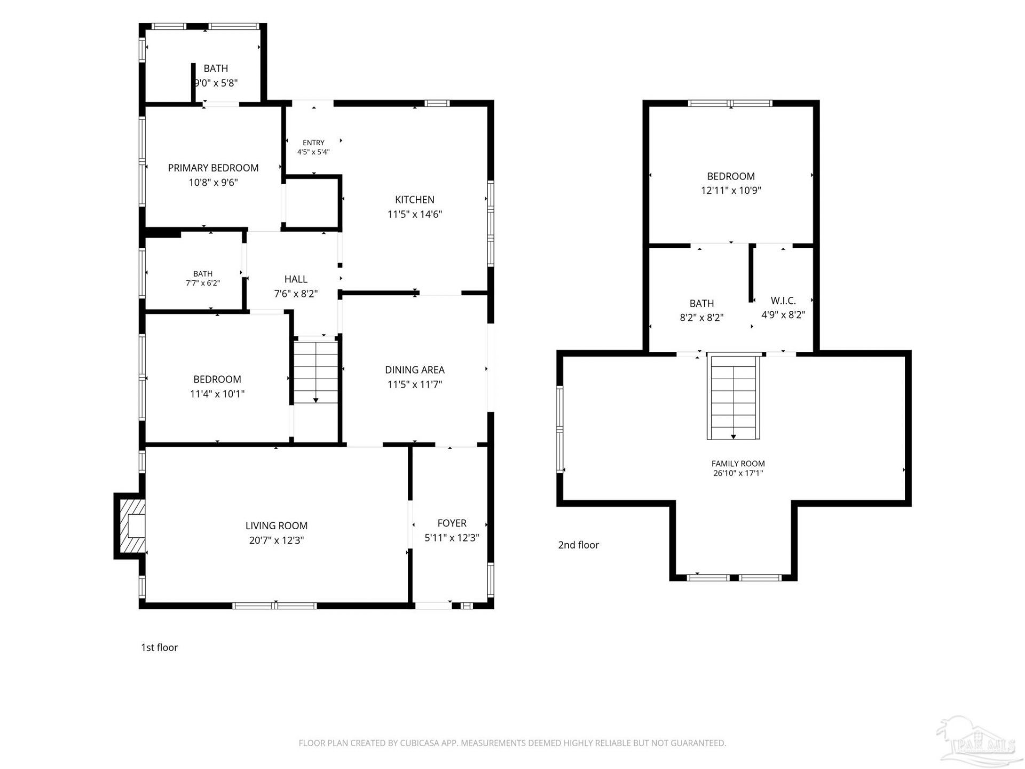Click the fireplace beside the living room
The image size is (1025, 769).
click(130, 526)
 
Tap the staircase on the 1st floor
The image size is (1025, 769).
click(316, 372)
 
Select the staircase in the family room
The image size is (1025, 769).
click(734, 397)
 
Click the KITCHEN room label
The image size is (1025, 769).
click(415, 200)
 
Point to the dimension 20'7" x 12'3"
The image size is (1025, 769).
click(277, 540)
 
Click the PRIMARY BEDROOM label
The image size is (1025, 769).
click(214, 168)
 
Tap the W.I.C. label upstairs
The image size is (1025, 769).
click(783, 301)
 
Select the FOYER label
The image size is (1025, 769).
click(452, 523)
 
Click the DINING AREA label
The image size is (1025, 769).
click(415, 370)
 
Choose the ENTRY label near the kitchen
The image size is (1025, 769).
click(313, 143)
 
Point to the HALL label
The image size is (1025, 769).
click(296, 279)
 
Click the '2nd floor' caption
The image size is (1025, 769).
click(579, 545)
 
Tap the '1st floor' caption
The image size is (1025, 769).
click(159, 648)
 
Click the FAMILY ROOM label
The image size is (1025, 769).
click(738, 464)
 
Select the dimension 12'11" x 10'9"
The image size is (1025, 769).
click(731, 190)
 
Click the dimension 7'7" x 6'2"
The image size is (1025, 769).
click(203, 283)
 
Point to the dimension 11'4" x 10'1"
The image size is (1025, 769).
click(217, 394)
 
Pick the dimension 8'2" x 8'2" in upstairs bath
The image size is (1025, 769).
click(701, 318)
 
